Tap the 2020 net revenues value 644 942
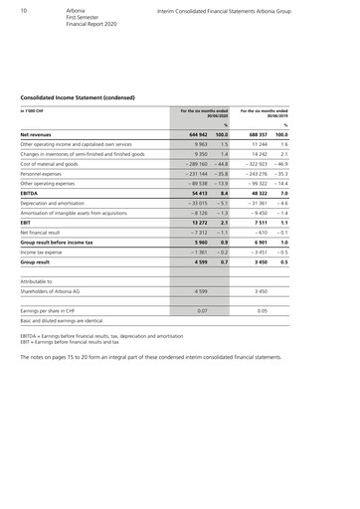coord(195,133)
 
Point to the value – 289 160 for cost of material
coord(192,164)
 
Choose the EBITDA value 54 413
coord(196,194)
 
